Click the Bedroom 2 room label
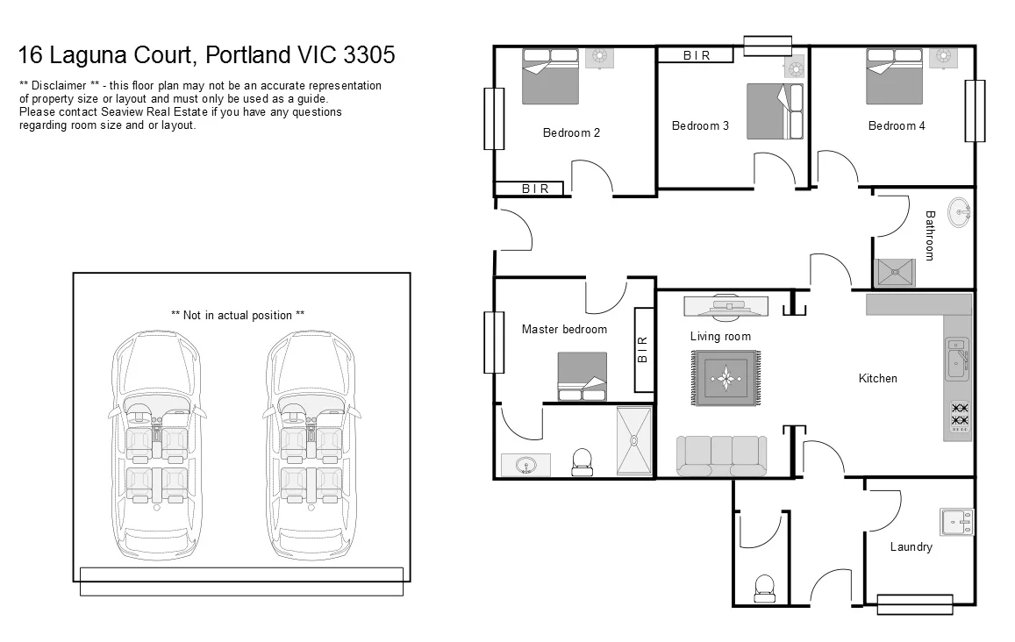571,133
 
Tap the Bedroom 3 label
700,126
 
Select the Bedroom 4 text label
897,126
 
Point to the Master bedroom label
564,330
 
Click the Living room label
720,337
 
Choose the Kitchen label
877,379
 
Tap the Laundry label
911,547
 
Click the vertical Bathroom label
930,234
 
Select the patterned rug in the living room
725,378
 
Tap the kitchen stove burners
960,415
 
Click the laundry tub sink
956,522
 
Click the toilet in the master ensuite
582,462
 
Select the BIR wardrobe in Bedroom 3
697,55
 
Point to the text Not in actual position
238,315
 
